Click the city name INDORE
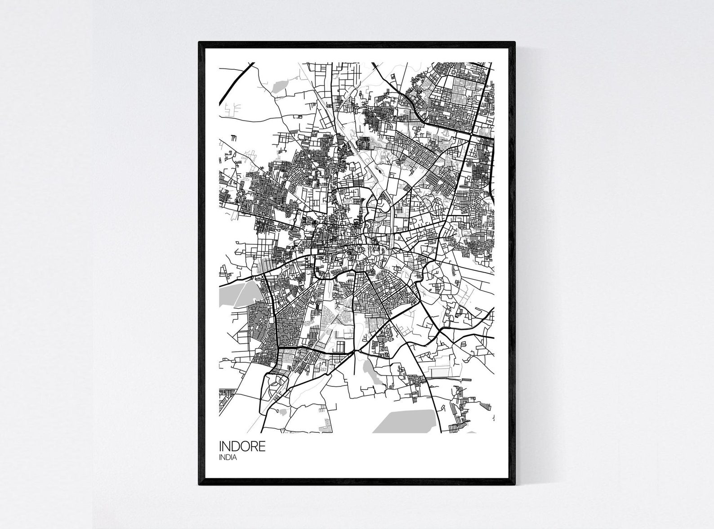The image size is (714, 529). [242, 447]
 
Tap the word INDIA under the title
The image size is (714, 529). [228, 458]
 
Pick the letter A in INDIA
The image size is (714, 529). [235, 458]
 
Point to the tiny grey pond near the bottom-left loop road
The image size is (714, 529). [282, 411]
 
